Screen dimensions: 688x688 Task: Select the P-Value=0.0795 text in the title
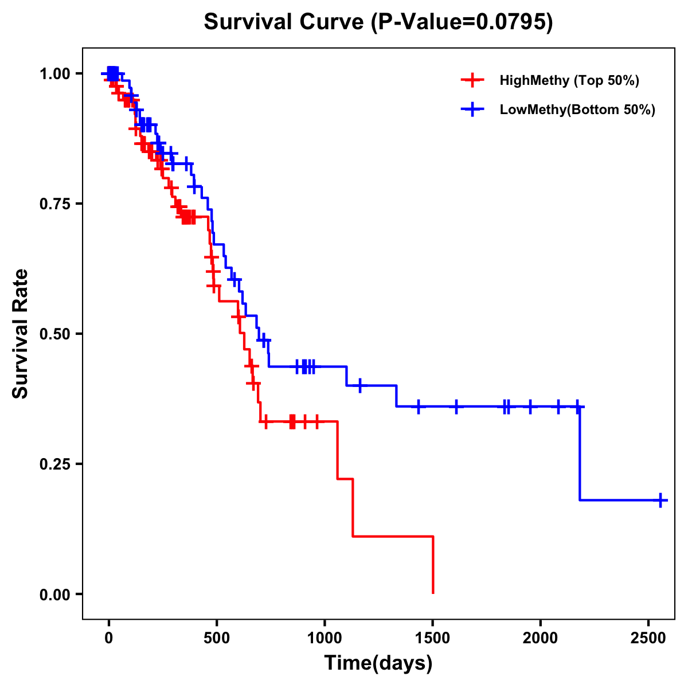tap(462, 22)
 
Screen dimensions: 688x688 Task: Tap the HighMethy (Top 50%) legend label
tap(569, 80)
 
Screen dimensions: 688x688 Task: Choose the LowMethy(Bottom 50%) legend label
tap(577, 110)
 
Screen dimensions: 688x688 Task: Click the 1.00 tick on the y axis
tap(54, 74)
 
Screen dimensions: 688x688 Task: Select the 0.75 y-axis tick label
tap(54, 204)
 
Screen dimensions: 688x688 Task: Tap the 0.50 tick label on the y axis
tap(54, 334)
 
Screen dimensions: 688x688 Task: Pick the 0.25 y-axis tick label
tap(54, 464)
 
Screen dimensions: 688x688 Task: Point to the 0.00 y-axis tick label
tap(54, 595)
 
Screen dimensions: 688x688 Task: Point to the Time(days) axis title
tap(378, 663)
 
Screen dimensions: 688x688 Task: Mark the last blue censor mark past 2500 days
tap(660, 500)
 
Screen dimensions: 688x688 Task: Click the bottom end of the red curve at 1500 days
tap(433, 592)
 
